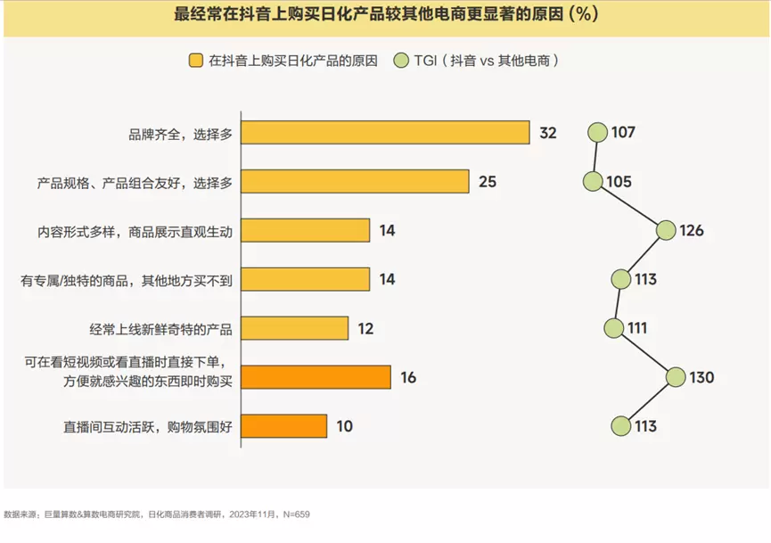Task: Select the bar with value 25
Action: [355, 182]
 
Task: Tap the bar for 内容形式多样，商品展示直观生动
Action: [305, 231]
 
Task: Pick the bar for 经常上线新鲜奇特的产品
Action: [294, 328]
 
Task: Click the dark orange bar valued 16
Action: [316, 377]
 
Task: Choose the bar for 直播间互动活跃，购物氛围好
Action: [283, 426]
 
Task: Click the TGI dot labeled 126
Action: [666, 231]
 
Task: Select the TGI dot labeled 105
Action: [594, 182]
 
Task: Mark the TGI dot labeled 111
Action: [614, 328]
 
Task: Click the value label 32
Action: [548, 133]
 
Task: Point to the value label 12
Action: [365, 328]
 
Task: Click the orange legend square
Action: [195, 62]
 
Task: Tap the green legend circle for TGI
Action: [400, 62]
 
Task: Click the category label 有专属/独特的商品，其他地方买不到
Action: [127, 280]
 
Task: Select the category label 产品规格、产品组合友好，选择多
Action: [135, 182]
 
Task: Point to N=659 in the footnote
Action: [295, 514]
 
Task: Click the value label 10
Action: [344, 426]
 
